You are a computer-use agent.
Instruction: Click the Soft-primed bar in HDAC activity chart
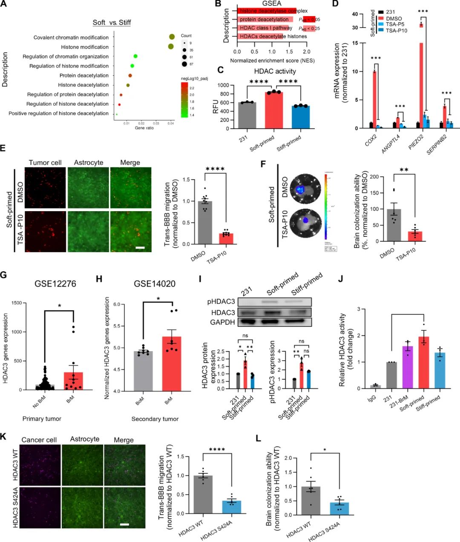(x=273, y=110)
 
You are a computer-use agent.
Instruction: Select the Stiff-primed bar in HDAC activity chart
(x=301, y=117)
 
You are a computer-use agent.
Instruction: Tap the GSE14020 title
(x=155, y=284)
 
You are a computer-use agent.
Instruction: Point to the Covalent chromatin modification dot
(x=172, y=37)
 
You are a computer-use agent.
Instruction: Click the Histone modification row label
(x=85, y=47)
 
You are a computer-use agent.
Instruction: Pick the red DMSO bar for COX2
(x=374, y=100)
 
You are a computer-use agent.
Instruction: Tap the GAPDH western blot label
(x=222, y=322)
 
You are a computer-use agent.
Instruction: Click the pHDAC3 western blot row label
(x=221, y=301)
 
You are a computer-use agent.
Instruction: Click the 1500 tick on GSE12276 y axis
(x=16, y=303)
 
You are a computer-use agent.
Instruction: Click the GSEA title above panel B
(x=272, y=3)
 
